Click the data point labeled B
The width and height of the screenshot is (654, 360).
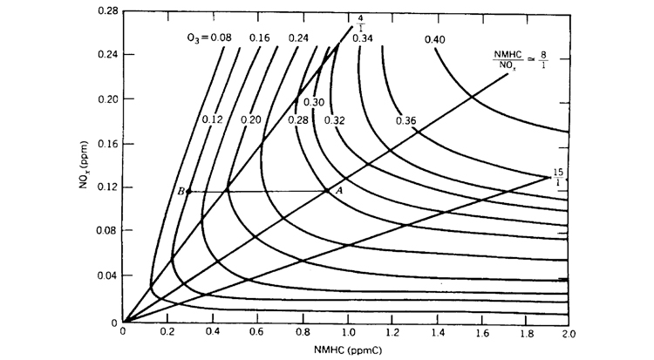[x=188, y=191]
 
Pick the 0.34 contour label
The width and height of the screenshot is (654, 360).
[x=364, y=38]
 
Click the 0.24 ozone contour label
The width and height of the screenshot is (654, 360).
[x=299, y=38]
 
